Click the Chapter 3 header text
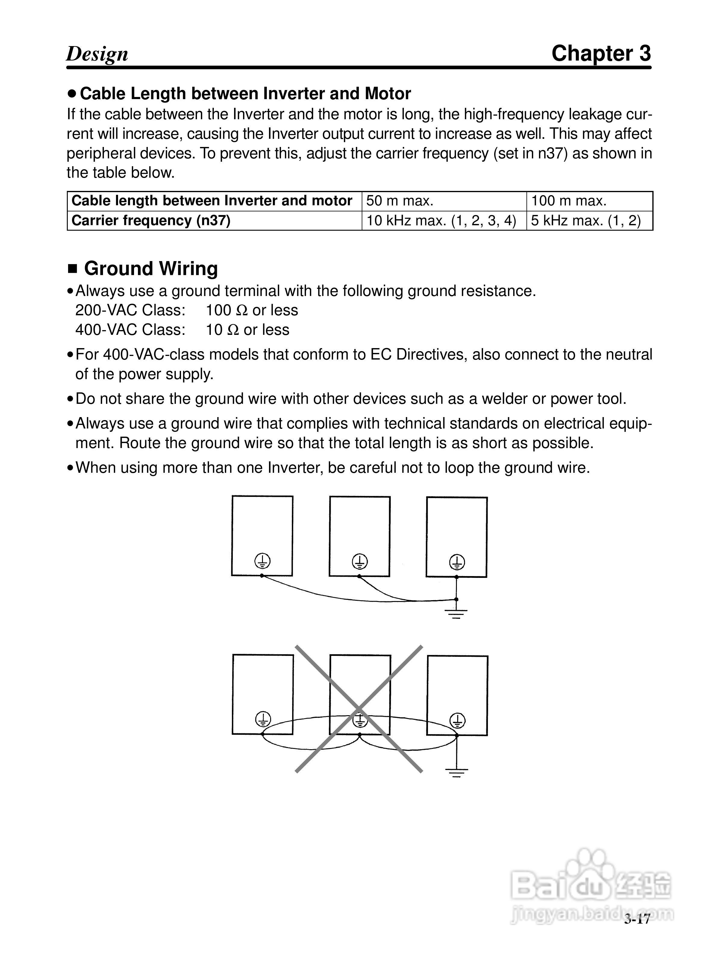tap(601, 54)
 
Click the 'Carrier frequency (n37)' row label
tap(151, 221)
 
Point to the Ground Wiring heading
tap(151, 269)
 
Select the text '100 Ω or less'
tap(252, 310)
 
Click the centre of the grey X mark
tap(359, 709)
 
